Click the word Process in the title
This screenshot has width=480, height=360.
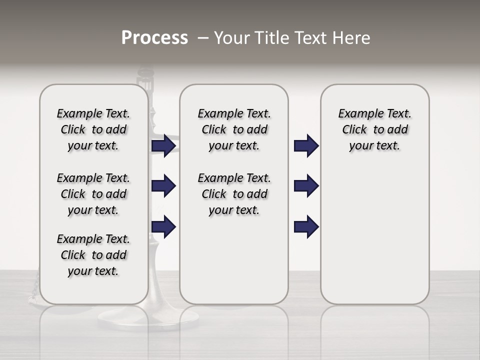154,38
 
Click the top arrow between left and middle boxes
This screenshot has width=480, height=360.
163,146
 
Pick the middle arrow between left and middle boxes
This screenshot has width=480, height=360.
163,186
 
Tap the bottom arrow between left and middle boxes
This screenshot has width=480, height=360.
163,226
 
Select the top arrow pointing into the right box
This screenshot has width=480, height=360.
306,146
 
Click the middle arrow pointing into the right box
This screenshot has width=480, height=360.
306,186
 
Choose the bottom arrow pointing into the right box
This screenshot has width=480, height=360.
306,226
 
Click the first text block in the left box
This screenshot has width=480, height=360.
93,129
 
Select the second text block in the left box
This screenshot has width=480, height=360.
93,194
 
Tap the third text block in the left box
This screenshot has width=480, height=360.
93,255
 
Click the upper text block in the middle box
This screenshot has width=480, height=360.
234,129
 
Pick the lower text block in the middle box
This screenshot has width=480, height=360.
234,194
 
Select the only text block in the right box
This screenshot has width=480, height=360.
374,129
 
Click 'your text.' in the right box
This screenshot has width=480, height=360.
374,146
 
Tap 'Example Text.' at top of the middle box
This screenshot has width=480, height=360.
234,113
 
